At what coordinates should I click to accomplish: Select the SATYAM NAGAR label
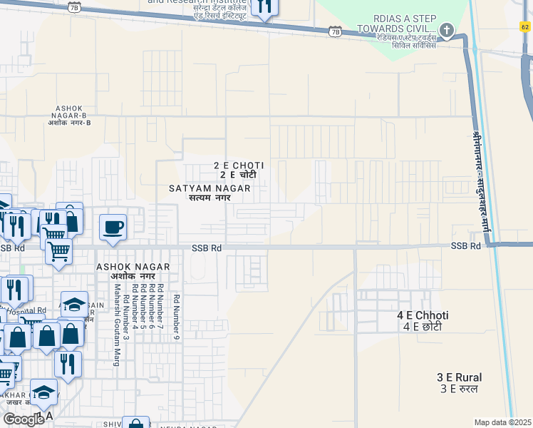(x=209, y=193)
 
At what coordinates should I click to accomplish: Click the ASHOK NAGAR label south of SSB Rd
(x=133, y=271)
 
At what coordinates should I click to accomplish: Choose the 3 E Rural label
(x=459, y=382)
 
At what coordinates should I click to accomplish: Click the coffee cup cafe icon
(x=113, y=227)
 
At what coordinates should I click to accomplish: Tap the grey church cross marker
(x=447, y=30)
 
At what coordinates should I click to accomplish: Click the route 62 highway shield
(x=525, y=26)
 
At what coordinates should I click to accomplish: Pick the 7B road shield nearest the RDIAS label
(x=336, y=31)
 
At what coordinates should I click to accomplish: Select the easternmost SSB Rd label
(x=466, y=245)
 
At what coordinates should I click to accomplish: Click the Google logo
(x=24, y=419)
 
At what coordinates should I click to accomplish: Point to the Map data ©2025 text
(x=502, y=422)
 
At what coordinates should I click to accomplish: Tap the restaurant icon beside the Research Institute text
(x=264, y=6)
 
